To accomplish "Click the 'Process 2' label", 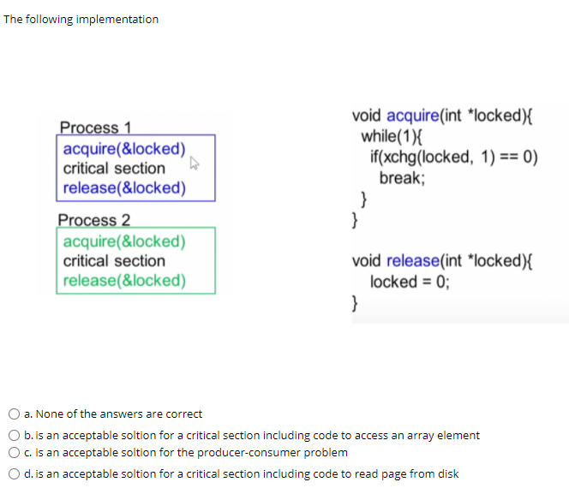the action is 94,220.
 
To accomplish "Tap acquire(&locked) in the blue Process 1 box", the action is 124,148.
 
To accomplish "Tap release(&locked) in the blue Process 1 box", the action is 124,187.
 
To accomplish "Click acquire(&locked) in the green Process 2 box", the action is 124,241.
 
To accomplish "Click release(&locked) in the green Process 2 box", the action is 124,280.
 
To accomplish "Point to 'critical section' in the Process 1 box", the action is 114,168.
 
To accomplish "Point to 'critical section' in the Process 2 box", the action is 114,261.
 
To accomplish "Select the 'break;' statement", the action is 402,178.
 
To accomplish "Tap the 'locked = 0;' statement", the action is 409,282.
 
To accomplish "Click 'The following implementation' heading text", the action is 81,19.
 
